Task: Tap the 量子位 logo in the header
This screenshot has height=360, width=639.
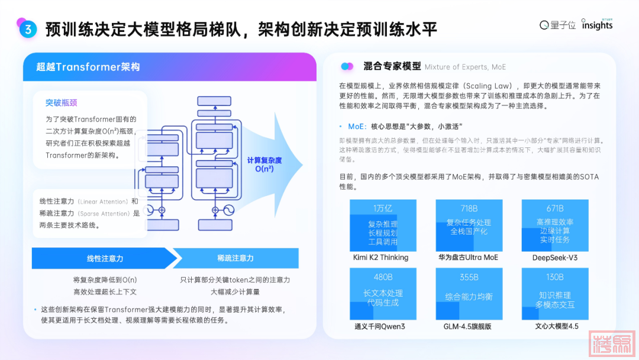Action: (557, 25)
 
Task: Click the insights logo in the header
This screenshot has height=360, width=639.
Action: (597, 25)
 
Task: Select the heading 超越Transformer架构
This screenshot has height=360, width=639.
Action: (88, 67)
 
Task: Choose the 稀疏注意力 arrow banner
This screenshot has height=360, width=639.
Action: (235, 258)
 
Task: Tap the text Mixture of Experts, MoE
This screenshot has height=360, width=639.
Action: (465, 67)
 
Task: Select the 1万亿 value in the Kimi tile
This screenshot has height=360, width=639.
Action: (383, 208)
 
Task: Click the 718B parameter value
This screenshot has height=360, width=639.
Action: (469, 208)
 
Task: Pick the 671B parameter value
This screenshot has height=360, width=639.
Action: (555, 208)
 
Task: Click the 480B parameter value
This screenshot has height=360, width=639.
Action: (383, 277)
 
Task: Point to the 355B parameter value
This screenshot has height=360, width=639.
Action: (469, 277)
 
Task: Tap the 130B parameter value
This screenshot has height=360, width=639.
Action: (555, 277)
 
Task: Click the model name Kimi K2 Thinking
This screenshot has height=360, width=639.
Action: (381, 258)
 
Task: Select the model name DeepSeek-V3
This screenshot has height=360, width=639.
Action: (555, 258)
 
